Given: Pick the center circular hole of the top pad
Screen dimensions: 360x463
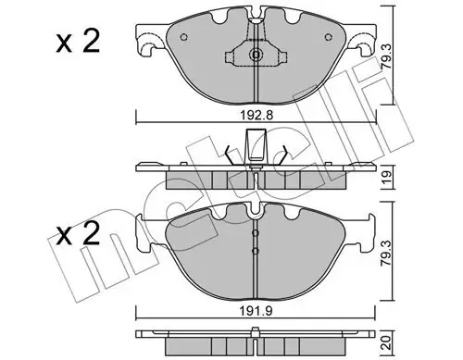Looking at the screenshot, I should tap(256, 56).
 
